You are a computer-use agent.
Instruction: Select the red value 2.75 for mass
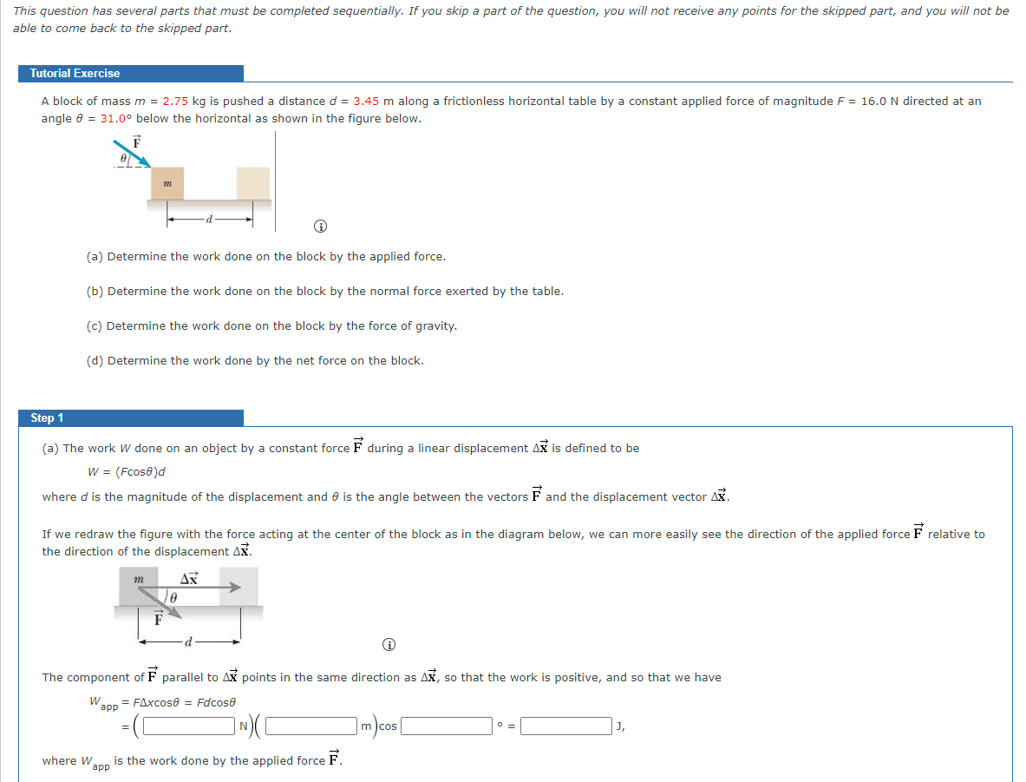point(175,102)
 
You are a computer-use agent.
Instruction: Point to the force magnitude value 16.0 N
point(879,102)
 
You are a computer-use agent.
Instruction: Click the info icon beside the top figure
point(320,227)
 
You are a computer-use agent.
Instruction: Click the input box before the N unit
point(190,726)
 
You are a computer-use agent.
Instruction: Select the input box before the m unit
point(313,726)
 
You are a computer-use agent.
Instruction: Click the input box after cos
point(446,726)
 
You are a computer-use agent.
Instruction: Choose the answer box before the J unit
point(565,726)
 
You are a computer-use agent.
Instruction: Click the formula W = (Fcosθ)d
point(127,472)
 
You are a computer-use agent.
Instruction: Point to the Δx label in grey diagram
point(188,576)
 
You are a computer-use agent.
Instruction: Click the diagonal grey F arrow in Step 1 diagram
point(165,601)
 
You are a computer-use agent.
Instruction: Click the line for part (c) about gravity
point(271,326)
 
